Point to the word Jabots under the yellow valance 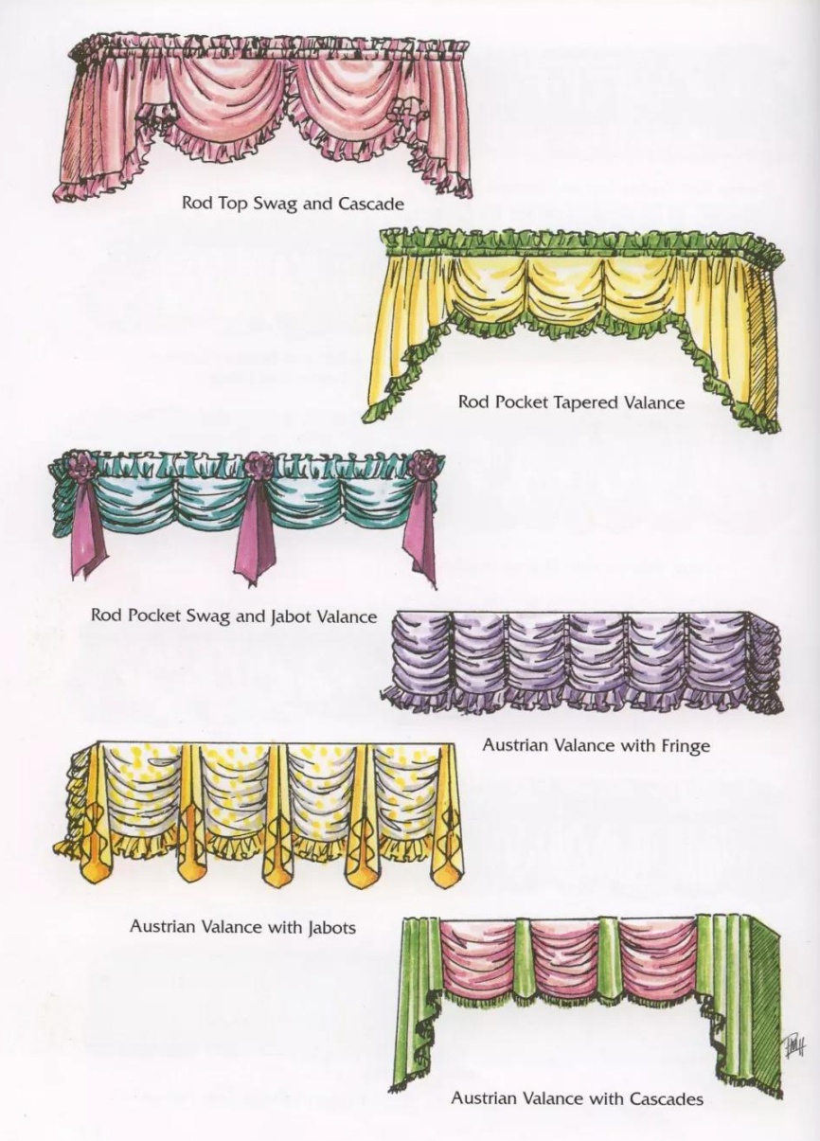(331, 927)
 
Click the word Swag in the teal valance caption (209, 616)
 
